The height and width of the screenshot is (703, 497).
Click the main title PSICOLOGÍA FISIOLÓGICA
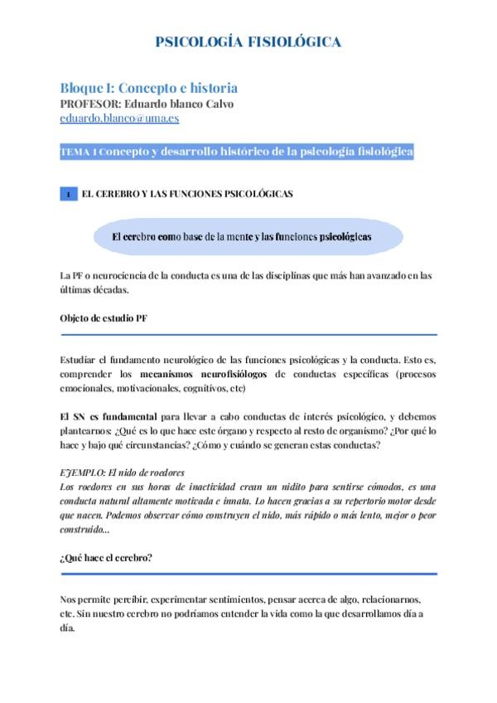tap(248, 43)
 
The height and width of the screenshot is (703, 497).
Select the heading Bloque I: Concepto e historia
tap(149, 88)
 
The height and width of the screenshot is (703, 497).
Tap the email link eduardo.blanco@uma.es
tap(119, 119)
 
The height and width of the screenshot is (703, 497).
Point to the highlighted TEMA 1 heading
tap(237, 153)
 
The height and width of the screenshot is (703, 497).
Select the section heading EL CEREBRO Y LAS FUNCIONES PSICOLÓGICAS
tap(187, 194)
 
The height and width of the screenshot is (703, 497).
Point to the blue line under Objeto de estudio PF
tap(248, 335)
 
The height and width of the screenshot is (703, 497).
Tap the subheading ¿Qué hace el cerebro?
tap(106, 558)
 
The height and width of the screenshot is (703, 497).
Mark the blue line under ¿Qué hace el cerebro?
tap(248, 574)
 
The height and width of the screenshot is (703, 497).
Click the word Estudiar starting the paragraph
tap(80, 361)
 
